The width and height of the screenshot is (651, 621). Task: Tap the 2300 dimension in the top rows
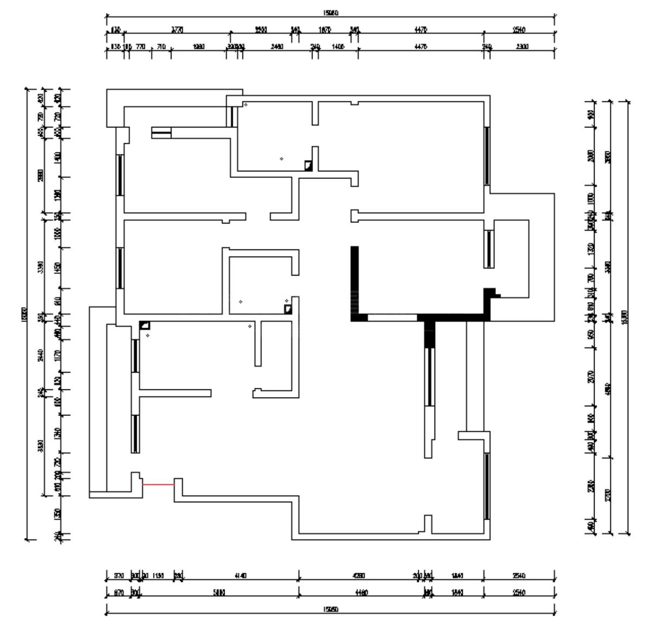tap(522, 47)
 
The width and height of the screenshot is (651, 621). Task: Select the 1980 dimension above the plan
tap(199, 47)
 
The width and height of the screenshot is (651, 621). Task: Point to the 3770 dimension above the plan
tap(177, 30)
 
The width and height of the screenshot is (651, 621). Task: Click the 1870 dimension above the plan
tap(324, 30)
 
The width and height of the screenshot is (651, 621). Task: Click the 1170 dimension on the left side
tap(58, 356)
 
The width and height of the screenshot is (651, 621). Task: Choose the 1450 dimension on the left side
tap(58, 267)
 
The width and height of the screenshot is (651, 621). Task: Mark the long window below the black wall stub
tap(430, 377)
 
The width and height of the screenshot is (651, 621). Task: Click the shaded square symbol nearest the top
tap(308, 166)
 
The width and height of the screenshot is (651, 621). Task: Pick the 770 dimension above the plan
tap(141, 47)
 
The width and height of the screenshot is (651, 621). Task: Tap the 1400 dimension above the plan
tap(337, 47)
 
